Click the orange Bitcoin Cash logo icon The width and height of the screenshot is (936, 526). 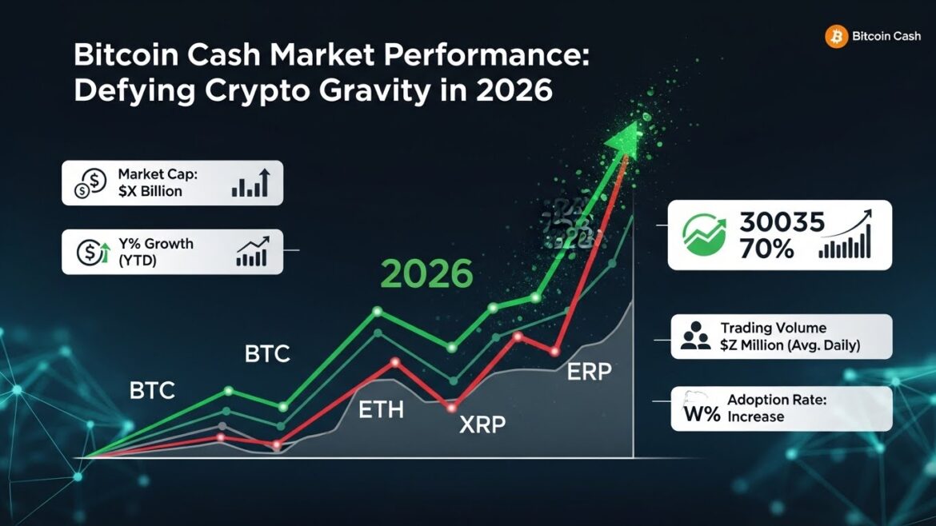[836, 36]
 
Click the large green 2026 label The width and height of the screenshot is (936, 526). [426, 274]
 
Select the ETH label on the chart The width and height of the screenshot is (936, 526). [381, 412]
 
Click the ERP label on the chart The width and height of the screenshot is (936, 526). [590, 373]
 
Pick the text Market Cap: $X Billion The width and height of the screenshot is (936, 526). [150, 182]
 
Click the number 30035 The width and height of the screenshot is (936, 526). [782, 223]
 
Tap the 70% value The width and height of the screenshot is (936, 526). [767, 249]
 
